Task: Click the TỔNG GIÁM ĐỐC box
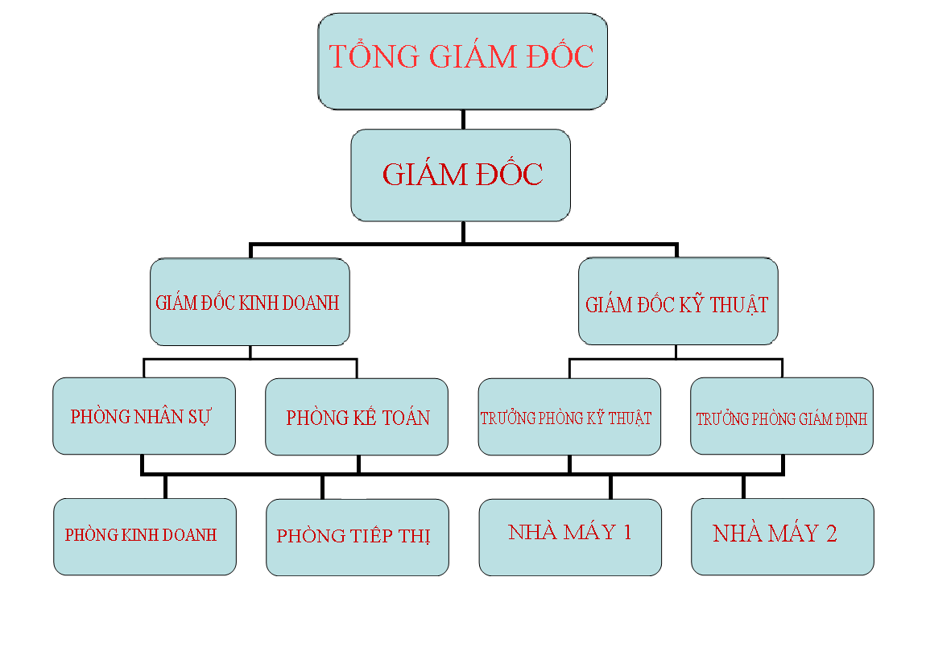[462, 61]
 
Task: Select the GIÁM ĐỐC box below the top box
[461, 175]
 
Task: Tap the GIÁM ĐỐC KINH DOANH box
[250, 302]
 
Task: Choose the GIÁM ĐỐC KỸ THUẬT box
[678, 301]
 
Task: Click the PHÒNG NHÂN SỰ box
[144, 416]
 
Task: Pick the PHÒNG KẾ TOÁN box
[357, 417]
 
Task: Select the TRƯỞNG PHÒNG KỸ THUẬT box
[569, 417]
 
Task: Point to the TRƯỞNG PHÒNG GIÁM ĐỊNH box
[782, 416]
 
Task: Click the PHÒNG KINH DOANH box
[145, 537]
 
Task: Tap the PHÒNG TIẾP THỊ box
[358, 538]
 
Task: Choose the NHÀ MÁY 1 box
[570, 538]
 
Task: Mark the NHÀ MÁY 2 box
[783, 537]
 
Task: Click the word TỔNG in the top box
[374, 56]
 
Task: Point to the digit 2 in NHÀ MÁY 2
[832, 534]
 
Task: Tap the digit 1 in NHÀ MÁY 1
[627, 533]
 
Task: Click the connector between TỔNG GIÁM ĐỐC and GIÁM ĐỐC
[463, 119]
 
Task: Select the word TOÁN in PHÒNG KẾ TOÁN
[406, 418]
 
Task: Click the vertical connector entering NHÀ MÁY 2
[743, 486]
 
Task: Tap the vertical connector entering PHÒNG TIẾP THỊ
[322, 487]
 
